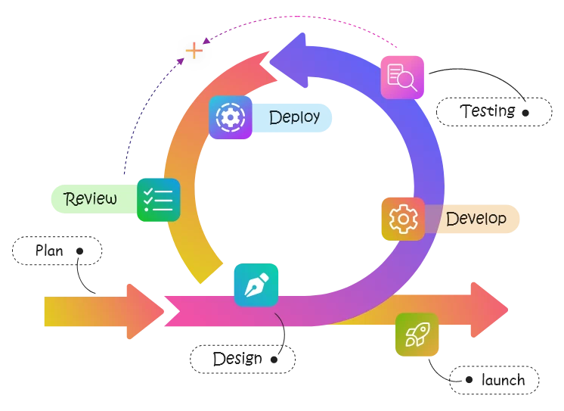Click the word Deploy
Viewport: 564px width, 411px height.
coord(294,117)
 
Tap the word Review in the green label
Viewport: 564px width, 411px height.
coord(91,199)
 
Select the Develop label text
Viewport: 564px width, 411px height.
coord(476,219)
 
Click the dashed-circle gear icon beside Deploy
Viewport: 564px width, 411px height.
coord(231,117)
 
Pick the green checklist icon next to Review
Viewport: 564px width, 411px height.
coord(158,200)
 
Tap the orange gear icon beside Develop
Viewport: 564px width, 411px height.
coord(403,219)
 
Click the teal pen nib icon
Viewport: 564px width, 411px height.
coord(256,285)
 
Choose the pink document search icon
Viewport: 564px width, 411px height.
coord(401,76)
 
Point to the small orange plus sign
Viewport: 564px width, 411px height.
coord(194,51)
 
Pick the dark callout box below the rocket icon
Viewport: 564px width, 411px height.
coord(494,381)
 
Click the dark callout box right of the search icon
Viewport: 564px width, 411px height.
coord(495,113)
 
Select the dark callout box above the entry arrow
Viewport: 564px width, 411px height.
coord(57,252)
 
